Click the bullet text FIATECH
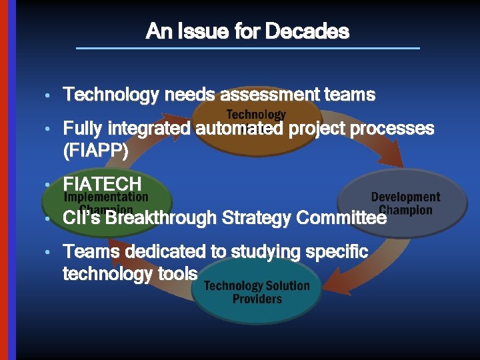pos(102,183)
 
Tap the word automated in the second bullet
pos(239,128)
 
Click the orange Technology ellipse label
pos(257,114)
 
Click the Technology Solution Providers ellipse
pos(257,293)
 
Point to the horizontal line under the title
pos(248,48)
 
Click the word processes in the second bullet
pos(393,128)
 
